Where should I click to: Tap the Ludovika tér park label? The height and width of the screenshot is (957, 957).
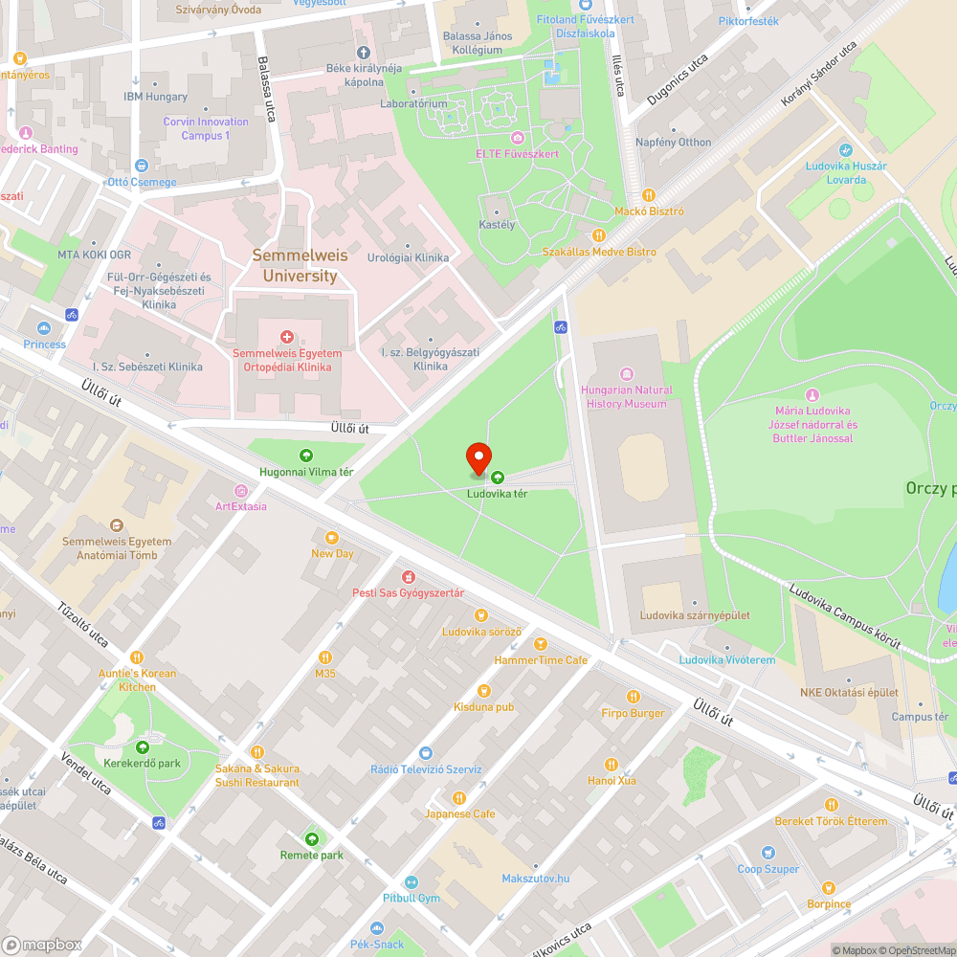click(x=497, y=494)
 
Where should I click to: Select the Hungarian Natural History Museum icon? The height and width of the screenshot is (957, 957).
click(x=627, y=373)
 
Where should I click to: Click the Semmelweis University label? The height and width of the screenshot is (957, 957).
click(x=295, y=266)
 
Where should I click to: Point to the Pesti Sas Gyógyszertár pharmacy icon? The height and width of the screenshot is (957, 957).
click(x=409, y=577)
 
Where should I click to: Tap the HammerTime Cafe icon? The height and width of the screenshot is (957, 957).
click(x=541, y=644)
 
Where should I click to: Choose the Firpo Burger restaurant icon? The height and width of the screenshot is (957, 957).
click(x=633, y=697)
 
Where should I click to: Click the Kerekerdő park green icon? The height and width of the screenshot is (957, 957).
click(x=143, y=747)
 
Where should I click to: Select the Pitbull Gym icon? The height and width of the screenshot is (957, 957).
click(x=412, y=881)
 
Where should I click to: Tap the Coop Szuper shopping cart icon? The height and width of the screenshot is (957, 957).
click(x=768, y=853)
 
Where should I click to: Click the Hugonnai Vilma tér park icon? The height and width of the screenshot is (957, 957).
click(x=306, y=456)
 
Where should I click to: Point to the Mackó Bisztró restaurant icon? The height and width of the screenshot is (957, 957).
click(x=648, y=195)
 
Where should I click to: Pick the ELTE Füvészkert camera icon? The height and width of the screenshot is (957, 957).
click(x=517, y=138)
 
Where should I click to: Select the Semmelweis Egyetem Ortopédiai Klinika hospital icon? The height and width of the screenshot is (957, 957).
click(x=287, y=336)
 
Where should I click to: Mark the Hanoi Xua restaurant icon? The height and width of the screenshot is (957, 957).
click(x=612, y=764)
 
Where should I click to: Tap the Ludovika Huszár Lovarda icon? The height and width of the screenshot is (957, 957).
click(x=845, y=150)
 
